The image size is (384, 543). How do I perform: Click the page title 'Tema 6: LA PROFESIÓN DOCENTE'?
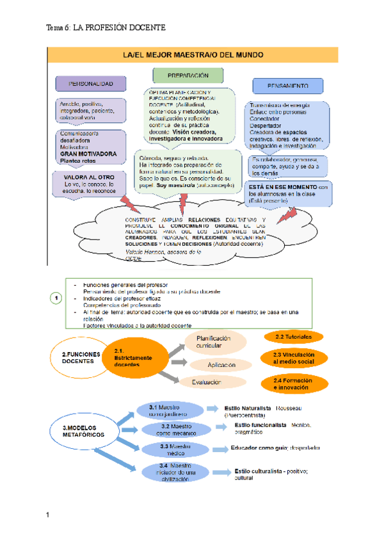(x=106, y=28)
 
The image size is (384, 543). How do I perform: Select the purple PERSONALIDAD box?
(x=91, y=84)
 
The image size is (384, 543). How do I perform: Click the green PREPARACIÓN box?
(x=188, y=76)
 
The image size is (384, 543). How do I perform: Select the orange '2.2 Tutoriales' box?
(x=292, y=337)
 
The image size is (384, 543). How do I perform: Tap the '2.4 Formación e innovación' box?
(x=292, y=384)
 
